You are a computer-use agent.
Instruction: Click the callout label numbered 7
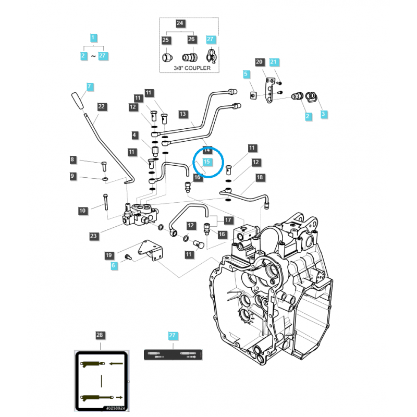tap(90, 87)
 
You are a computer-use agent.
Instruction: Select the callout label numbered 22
tap(102, 107)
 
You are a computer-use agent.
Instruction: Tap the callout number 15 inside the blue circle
tap(206, 162)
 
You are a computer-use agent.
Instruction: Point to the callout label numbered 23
tap(93, 236)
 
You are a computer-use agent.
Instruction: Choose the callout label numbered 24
tap(180, 23)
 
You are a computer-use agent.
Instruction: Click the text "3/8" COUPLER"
tap(192, 68)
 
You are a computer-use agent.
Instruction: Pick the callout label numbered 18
tap(260, 178)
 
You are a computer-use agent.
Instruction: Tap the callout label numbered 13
tap(182, 114)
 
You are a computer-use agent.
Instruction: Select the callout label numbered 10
tap(83, 211)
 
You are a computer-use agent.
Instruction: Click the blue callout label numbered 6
tap(114, 265)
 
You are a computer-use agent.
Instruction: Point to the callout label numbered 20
tap(259, 63)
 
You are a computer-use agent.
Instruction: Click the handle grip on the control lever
tap(78, 100)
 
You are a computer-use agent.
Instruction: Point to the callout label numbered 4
tap(135, 136)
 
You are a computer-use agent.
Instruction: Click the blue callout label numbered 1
tap(93, 38)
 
